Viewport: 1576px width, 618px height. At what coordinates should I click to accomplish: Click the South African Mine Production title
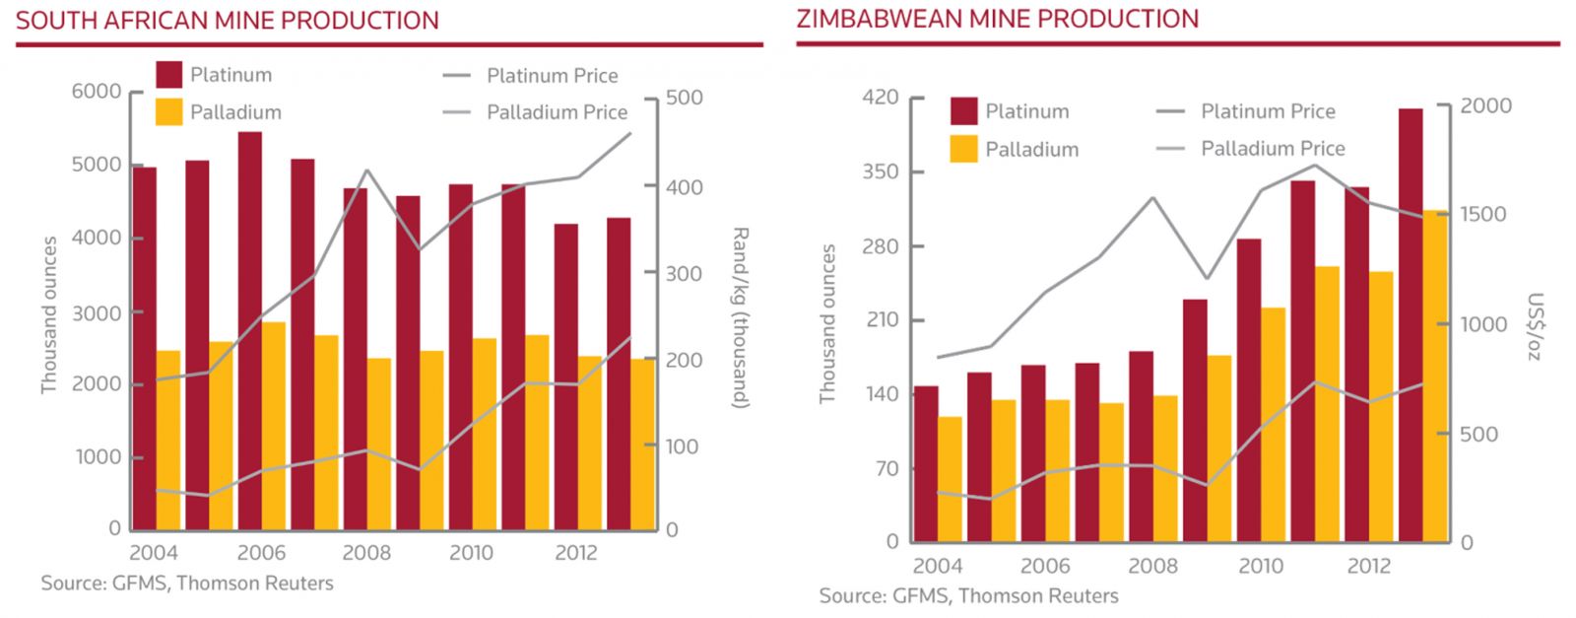pyautogui.click(x=228, y=21)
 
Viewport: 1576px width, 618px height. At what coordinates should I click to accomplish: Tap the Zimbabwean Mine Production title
pyautogui.click(x=998, y=19)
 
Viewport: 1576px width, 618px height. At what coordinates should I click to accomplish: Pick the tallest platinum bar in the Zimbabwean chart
pyautogui.click(x=1411, y=325)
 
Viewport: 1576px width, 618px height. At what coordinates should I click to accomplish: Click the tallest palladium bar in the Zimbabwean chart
pyautogui.click(x=1435, y=376)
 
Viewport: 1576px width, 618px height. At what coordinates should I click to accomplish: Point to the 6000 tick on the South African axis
pyautogui.click(x=96, y=92)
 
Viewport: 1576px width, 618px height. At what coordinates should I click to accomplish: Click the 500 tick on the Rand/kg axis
pyautogui.click(x=685, y=98)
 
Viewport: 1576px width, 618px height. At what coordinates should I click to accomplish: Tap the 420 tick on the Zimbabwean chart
pyautogui.click(x=880, y=97)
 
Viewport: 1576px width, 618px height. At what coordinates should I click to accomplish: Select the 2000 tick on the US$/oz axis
pyautogui.click(x=1485, y=106)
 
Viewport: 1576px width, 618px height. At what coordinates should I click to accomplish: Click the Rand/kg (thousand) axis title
pyautogui.click(x=741, y=317)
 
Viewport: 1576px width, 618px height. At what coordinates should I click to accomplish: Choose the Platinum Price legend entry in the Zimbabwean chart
pyautogui.click(x=1267, y=111)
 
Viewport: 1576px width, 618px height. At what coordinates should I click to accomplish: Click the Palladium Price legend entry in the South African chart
pyautogui.click(x=557, y=112)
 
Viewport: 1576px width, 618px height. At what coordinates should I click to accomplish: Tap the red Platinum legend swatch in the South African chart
pyautogui.click(x=169, y=75)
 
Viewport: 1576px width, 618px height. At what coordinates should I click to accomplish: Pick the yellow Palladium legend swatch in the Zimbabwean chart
pyautogui.click(x=964, y=149)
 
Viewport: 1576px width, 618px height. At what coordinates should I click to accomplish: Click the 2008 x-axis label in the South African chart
pyautogui.click(x=366, y=553)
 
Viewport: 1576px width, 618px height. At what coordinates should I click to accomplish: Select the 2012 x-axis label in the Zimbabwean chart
pyautogui.click(x=1368, y=566)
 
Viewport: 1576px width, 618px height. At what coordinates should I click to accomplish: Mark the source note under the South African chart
pyautogui.click(x=187, y=584)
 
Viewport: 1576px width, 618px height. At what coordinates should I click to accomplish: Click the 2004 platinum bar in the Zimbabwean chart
pyautogui.click(x=926, y=463)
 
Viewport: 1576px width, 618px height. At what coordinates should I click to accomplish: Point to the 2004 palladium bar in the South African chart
pyautogui.click(x=168, y=440)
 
